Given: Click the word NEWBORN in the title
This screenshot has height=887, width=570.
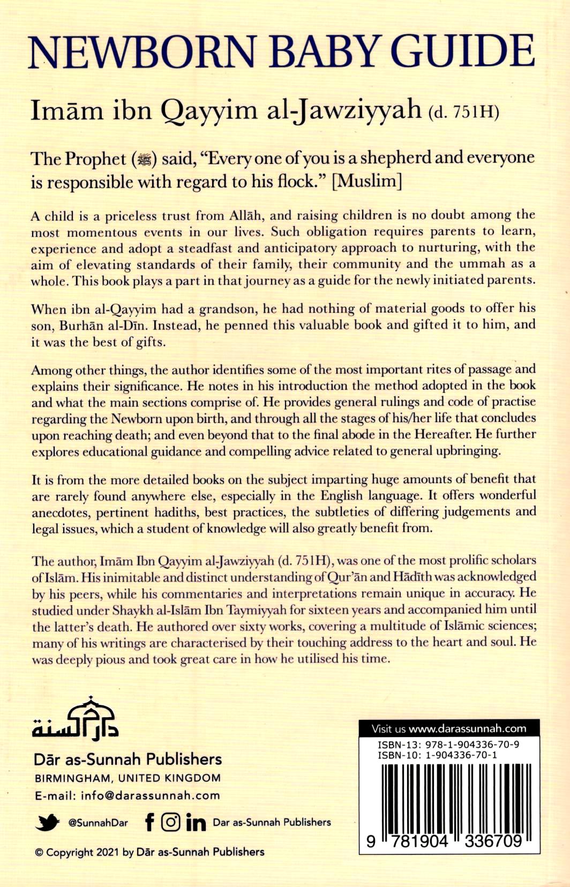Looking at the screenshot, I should tap(142, 52).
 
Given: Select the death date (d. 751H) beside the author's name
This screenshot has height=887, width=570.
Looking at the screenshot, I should tap(463, 112).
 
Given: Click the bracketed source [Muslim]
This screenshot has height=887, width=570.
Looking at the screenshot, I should tap(367, 181).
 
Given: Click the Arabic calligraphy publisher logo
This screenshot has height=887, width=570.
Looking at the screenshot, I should tap(75, 718).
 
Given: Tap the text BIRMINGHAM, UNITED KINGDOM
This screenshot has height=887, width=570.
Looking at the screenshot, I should tap(127, 778).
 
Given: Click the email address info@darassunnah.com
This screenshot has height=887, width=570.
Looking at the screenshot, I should tap(150, 795).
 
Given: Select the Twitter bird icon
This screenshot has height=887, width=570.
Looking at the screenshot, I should tap(47, 822).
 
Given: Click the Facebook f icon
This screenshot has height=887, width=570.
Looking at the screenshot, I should tap(150, 822).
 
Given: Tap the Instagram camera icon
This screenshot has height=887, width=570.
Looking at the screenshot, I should tap(170, 822).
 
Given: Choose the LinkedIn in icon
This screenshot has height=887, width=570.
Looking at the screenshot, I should tap(196, 822).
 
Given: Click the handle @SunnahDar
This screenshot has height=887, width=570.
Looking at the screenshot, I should tap(98, 823).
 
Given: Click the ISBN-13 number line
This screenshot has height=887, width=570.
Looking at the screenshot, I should tap(448, 745).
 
